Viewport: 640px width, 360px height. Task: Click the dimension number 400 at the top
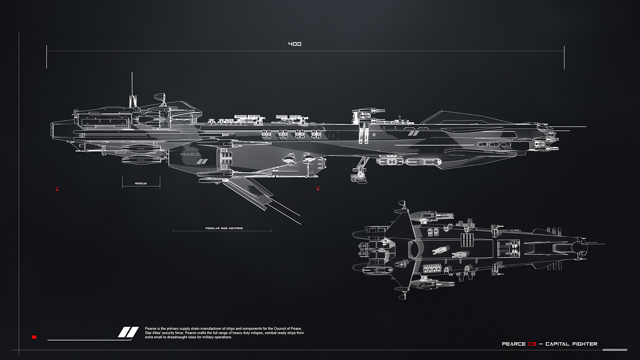[294, 44]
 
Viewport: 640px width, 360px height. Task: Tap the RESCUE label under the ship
[141, 183]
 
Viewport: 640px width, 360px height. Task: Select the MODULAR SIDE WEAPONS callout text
[224, 227]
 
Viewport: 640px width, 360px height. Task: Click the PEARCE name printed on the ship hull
[190, 154]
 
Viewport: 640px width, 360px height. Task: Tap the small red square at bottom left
[34, 337]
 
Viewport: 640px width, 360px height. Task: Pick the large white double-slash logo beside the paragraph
[128, 332]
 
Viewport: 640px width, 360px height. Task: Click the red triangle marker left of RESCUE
[57, 188]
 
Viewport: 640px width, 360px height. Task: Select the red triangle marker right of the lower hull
[318, 188]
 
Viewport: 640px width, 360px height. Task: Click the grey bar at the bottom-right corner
[611, 350]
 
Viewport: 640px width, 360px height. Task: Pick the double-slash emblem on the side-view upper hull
[413, 133]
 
